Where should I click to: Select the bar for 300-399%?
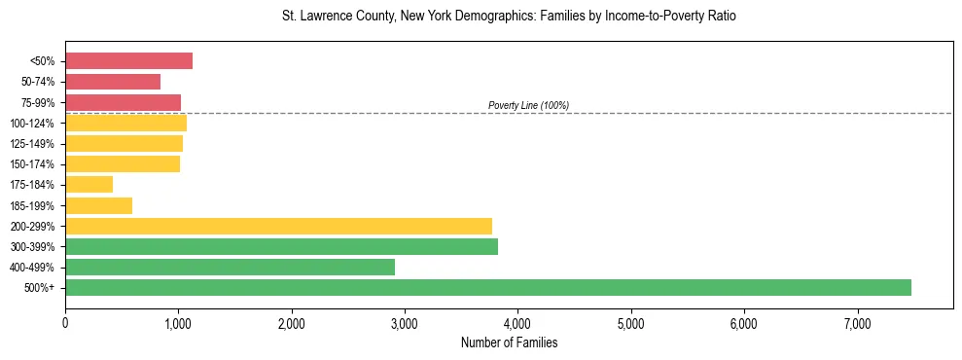pos(281,246)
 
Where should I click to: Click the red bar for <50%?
pos(128,61)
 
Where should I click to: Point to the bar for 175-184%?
pos(89,184)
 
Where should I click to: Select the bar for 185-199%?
pos(98,205)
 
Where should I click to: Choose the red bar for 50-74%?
pos(113,82)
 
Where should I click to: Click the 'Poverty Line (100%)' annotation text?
pos(528,105)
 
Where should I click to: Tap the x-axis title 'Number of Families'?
pos(509,342)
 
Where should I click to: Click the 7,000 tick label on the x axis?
pos(857,323)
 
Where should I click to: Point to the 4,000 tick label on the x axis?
pos(517,323)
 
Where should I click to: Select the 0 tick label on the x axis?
pos(65,323)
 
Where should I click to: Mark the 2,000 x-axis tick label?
pos(291,323)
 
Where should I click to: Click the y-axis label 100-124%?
pos(32,124)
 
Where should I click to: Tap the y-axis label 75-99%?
pos(37,103)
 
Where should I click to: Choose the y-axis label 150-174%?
pos(32,164)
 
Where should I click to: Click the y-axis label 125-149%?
pos(32,144)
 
